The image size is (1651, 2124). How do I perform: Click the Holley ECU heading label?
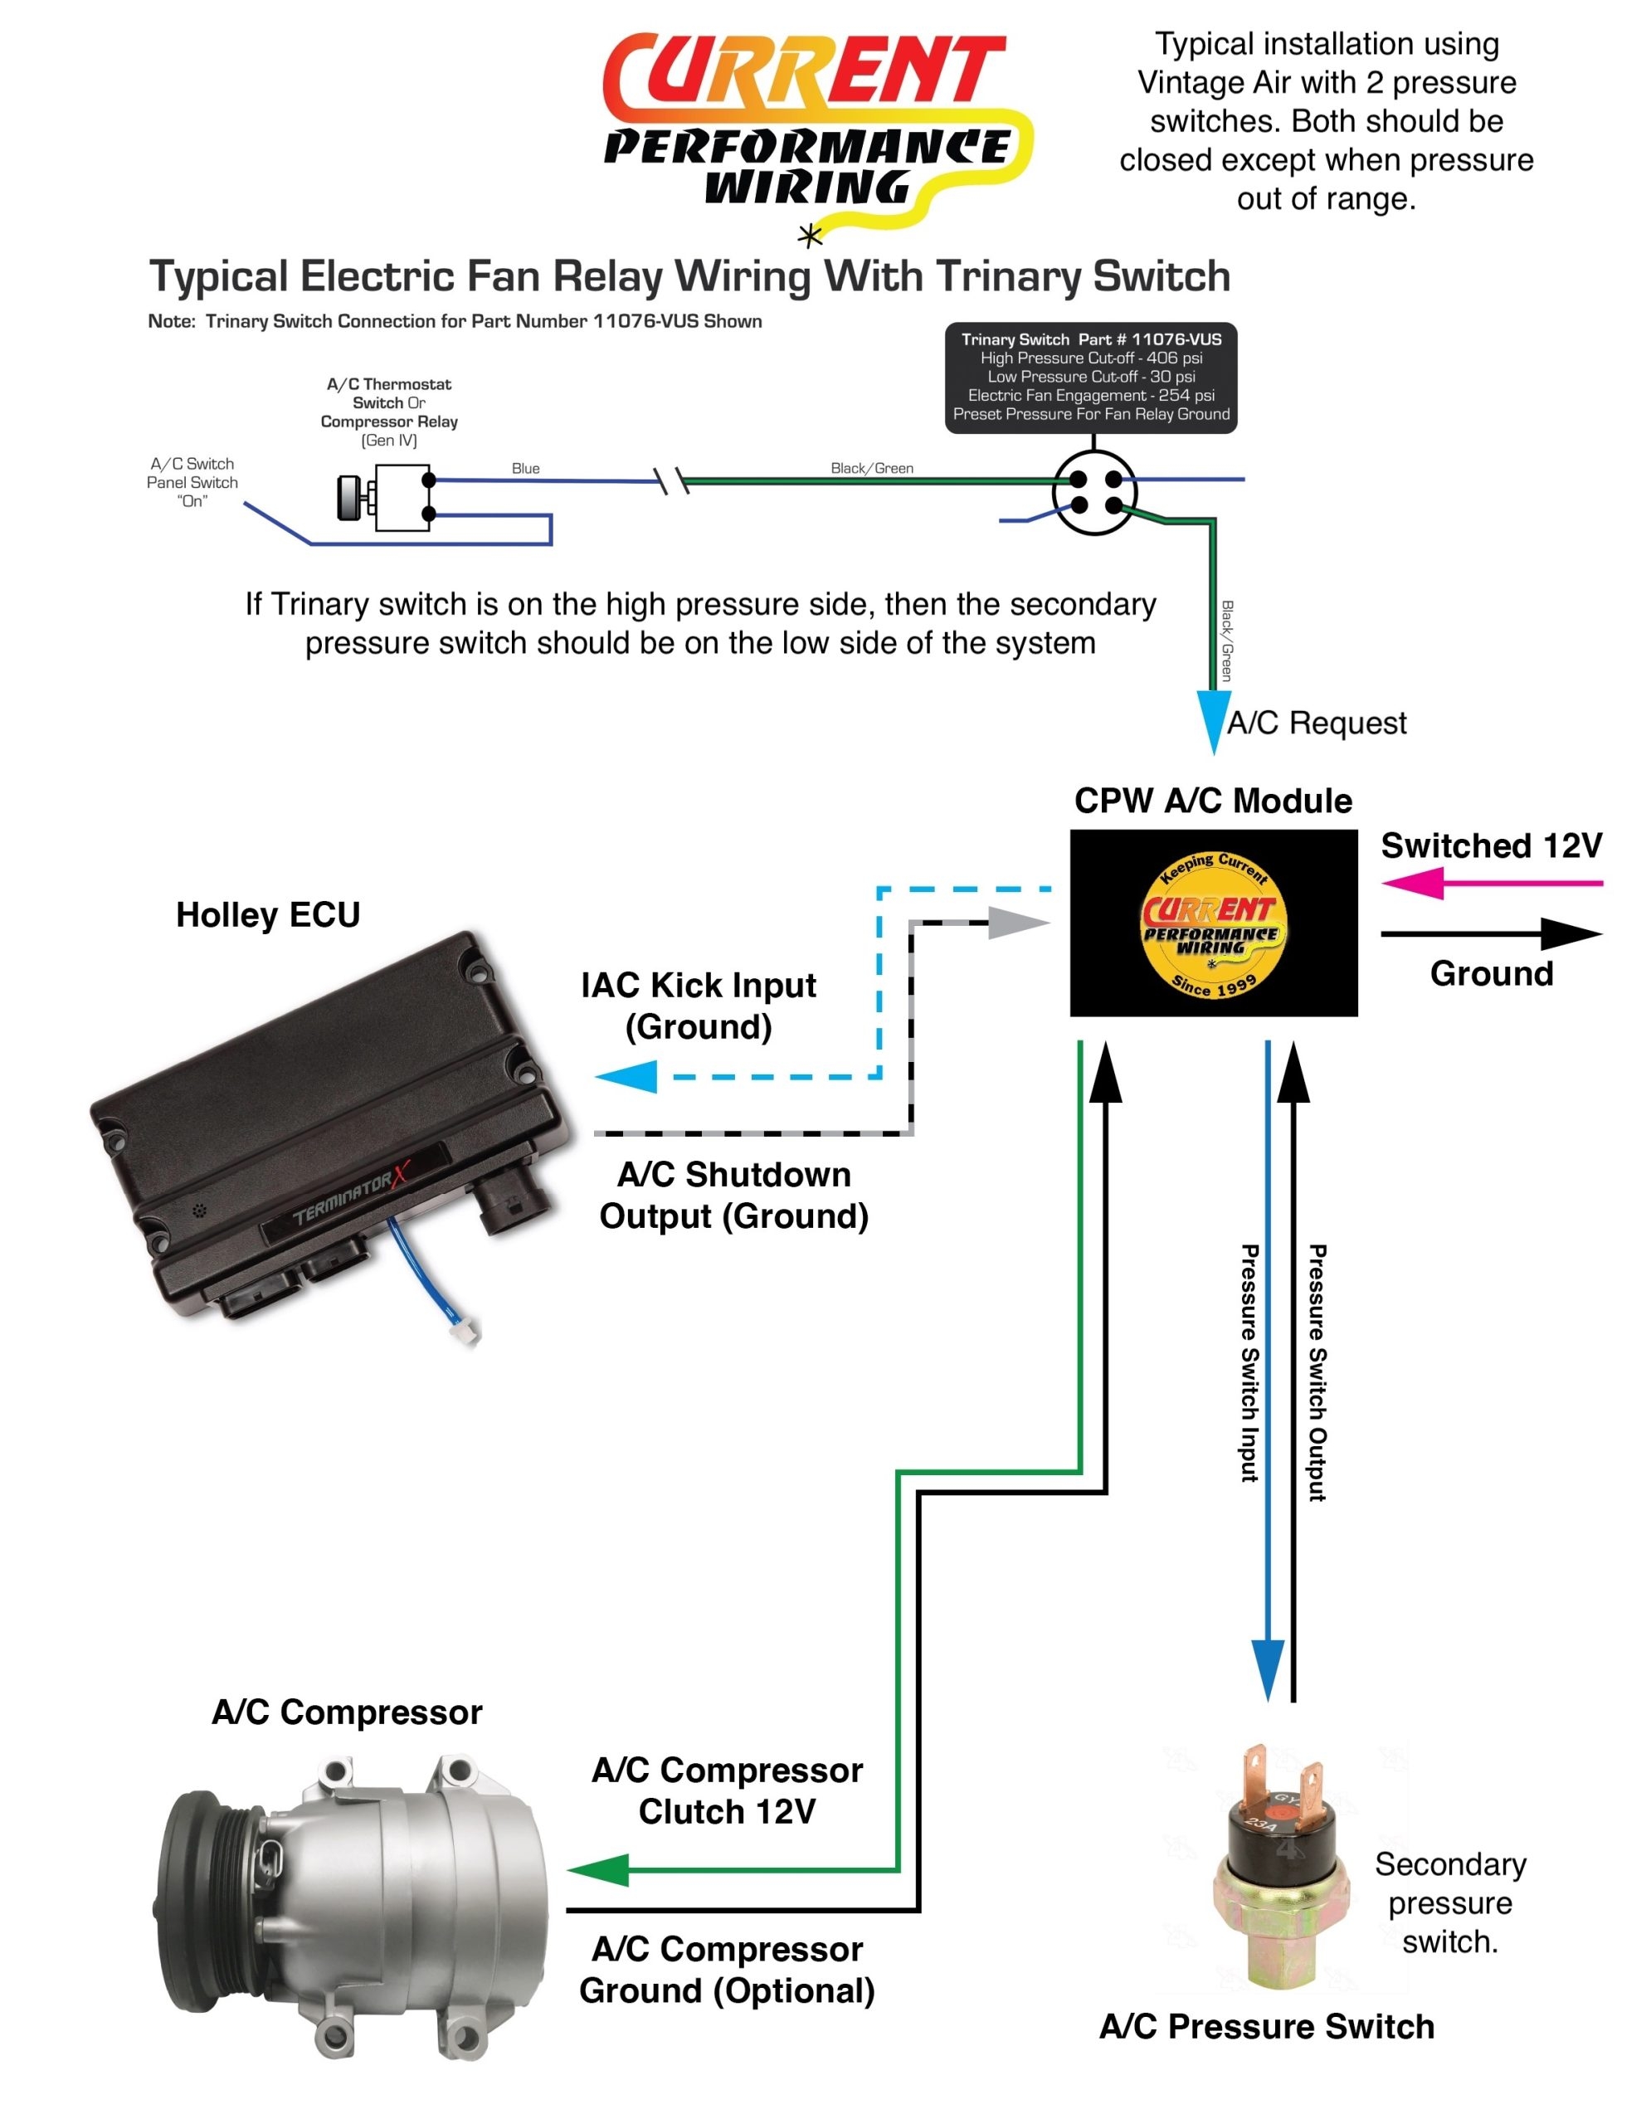(x=267, y=914)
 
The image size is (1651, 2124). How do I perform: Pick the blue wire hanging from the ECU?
(x=418, y=1269)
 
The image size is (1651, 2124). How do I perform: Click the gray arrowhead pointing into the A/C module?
(x=1016, y=922)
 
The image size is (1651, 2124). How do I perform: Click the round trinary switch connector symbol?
(x=1093, y=492)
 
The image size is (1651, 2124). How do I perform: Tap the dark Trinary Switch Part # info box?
(x=1090, y=378)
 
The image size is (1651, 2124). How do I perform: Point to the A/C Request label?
(x=1316, y=723)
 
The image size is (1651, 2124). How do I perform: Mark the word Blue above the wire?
(x=525, y=468)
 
